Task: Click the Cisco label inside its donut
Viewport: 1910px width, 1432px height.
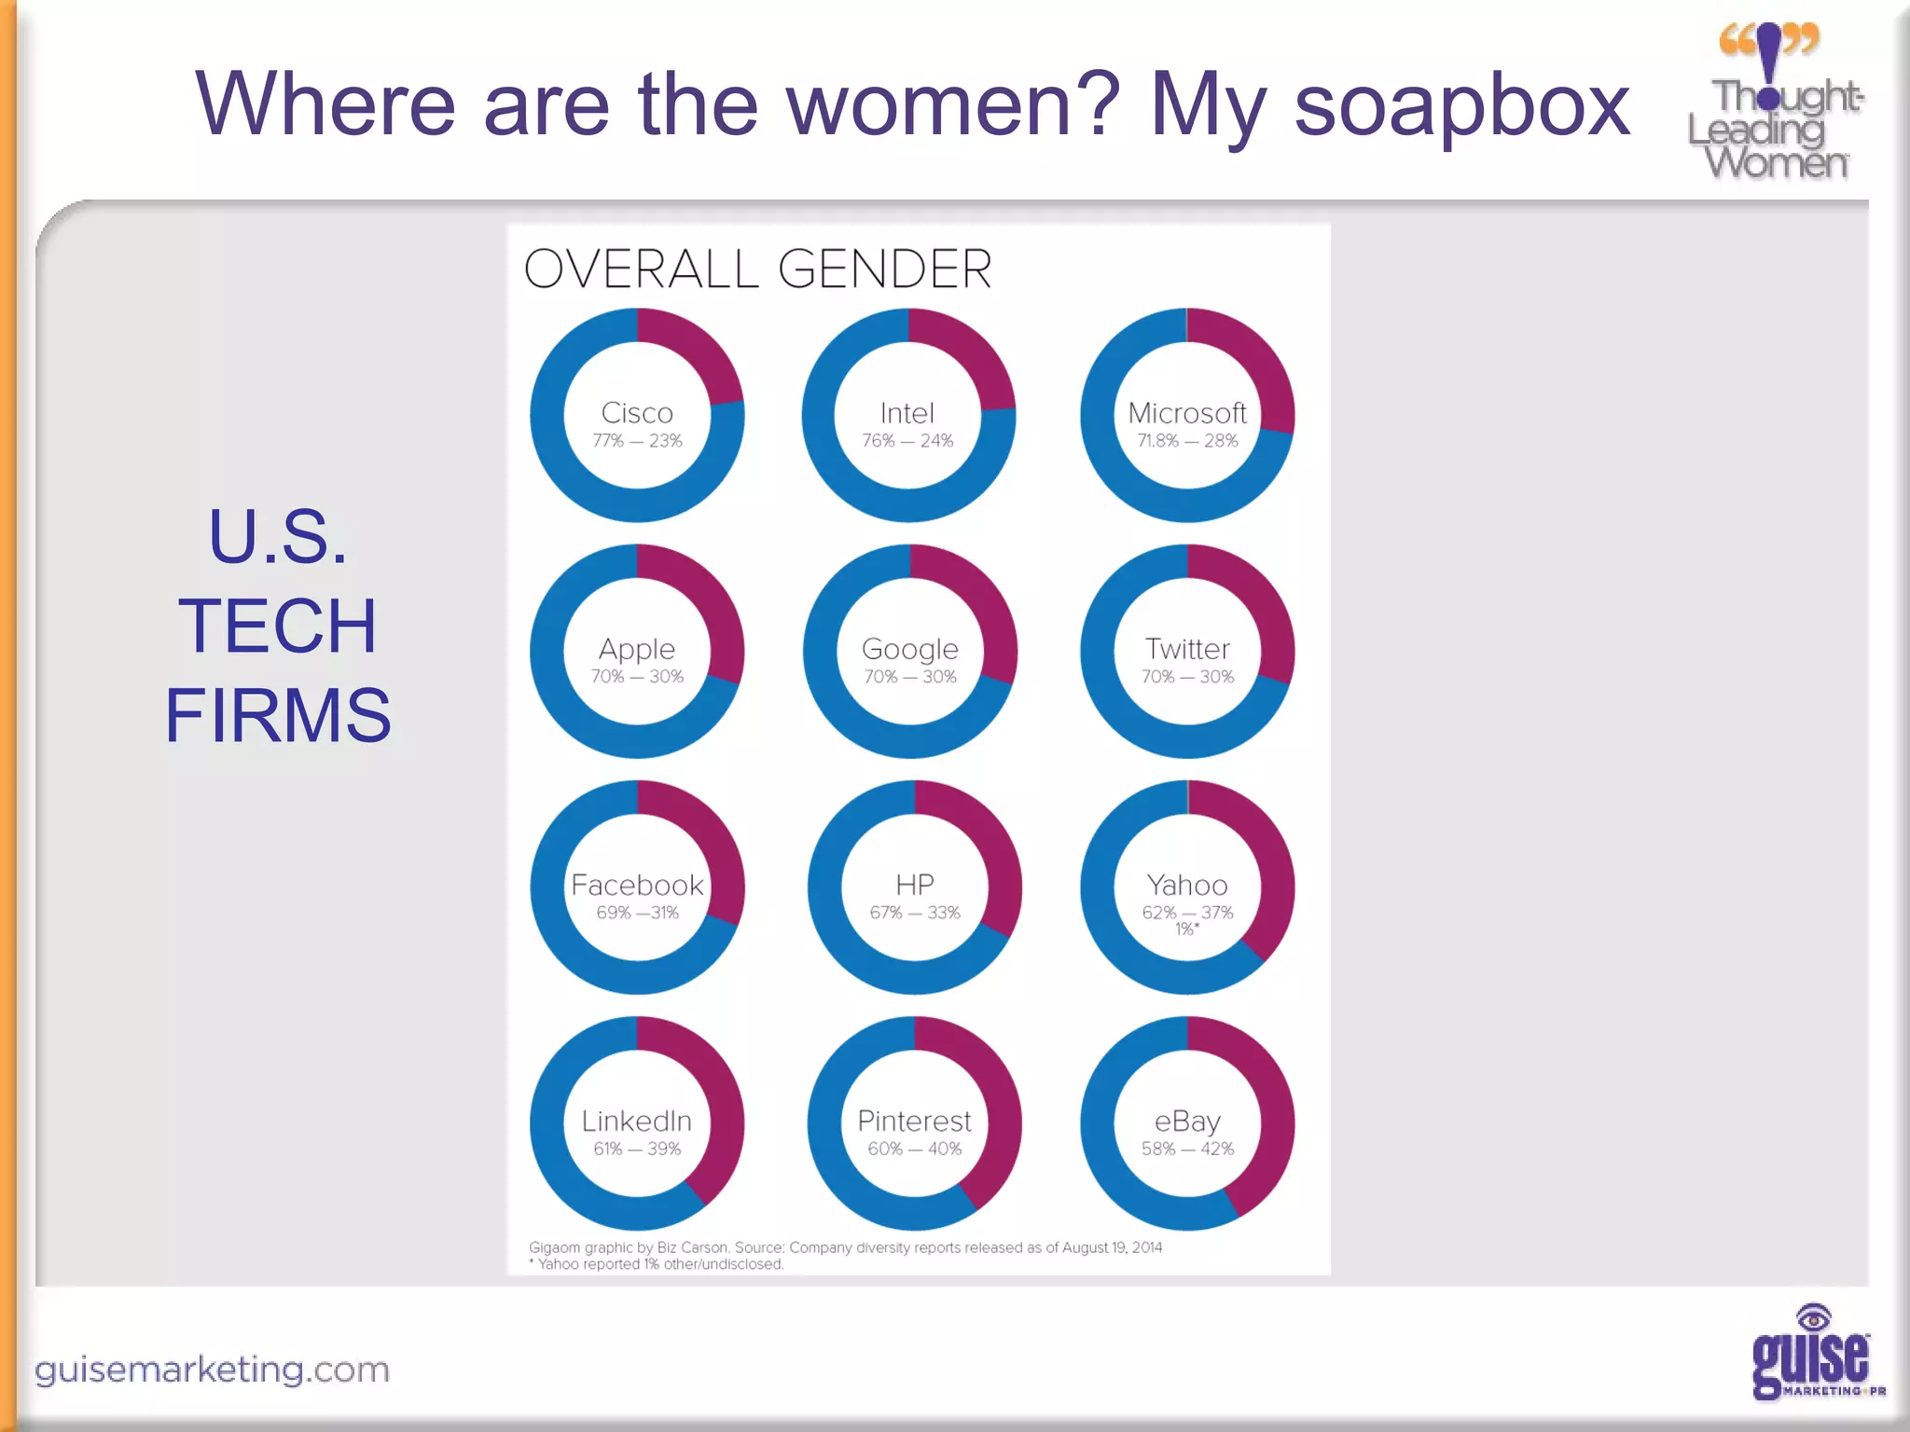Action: coord(637,413)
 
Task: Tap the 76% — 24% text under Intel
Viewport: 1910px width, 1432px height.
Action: coord(907,441)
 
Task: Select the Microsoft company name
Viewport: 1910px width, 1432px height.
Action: coord(1187,413)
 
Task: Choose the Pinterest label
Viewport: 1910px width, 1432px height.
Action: coord(914,1121)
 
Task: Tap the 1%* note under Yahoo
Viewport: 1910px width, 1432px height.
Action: coord(1186,929)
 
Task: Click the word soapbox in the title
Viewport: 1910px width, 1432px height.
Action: coord(1461,104)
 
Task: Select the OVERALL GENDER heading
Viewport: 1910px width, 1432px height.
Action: coord(757,269)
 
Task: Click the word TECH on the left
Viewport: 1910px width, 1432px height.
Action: coord(278,626)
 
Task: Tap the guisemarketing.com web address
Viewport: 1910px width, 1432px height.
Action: coord(212,1370)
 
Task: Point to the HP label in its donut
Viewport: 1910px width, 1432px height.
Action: coord(914,884)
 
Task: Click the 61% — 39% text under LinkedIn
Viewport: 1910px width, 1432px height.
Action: coord(637,1149)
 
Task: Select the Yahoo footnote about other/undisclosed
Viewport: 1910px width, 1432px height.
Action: coord(658,1264)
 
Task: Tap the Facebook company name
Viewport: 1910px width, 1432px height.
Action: coord(637,885)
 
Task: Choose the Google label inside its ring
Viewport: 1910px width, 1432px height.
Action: coord(910,649)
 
